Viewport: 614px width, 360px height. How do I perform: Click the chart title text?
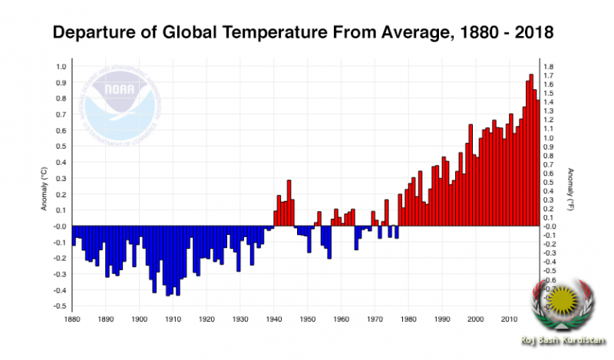(302, 34)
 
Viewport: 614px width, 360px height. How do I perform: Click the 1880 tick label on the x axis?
(72, 319)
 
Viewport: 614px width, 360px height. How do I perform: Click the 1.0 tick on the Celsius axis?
(61, 66)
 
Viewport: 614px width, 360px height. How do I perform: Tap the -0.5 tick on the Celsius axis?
(59, 306)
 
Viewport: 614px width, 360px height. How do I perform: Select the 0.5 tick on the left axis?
(61, 146)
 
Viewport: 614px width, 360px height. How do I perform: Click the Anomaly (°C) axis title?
(45, 192)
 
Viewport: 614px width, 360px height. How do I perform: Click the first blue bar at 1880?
(74, 236)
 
